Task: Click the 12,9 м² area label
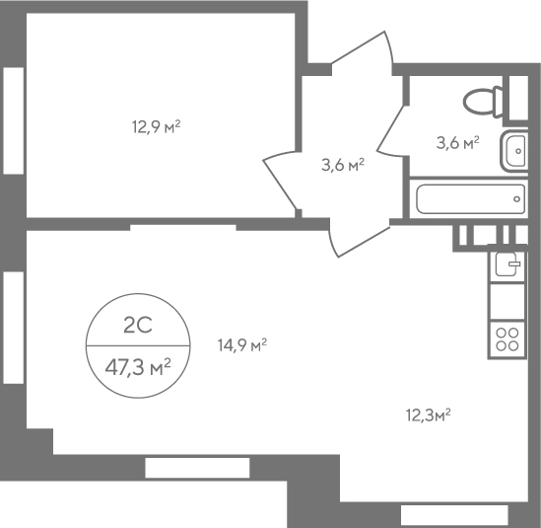pyautogui.click(x=157, y=126)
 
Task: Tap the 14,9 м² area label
pyautogui.click(x=242, y=344)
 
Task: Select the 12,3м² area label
pyautogui.click(x=429, y=415)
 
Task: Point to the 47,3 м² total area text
pyautogui.click(x=138, y=367)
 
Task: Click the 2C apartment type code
pyautogui.click(x=138, y=326)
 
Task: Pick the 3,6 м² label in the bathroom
pyautogui.click(x=458, y=142)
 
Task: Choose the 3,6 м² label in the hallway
pyautogui.click(x=343, y=165)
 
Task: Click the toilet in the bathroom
pyautogui.click(x=483, y=102)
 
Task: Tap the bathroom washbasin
pyautogui.click(x=514, y=151)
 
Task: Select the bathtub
pyautogui.click(x=471, y=199)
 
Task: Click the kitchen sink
pyautogui.click(x=507, y=264)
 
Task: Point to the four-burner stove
pyautogui.click(x=507, y=339)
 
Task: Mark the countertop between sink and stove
pyautogui.click(x=507, y=302)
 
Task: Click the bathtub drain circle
pyautogui.click(x=516, y=199)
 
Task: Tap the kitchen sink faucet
pyautogui.click(x=513, y=264)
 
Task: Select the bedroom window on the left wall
pyautogui.click(x=14, y=120)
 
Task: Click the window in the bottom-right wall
pyautogui.click(x=454, y=515)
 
